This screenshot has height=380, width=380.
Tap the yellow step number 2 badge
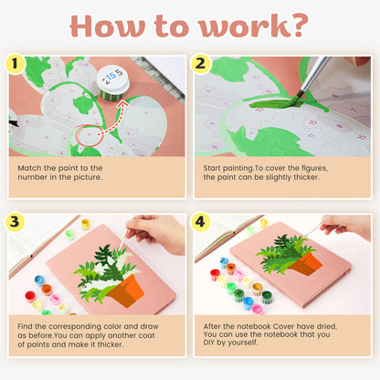(x=202, y=63)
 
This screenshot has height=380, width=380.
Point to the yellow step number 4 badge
(x=202, y=221)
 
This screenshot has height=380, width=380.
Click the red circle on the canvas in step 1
(x=89, y=138)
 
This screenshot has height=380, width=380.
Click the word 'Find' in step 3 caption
(x=30, y=326)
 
